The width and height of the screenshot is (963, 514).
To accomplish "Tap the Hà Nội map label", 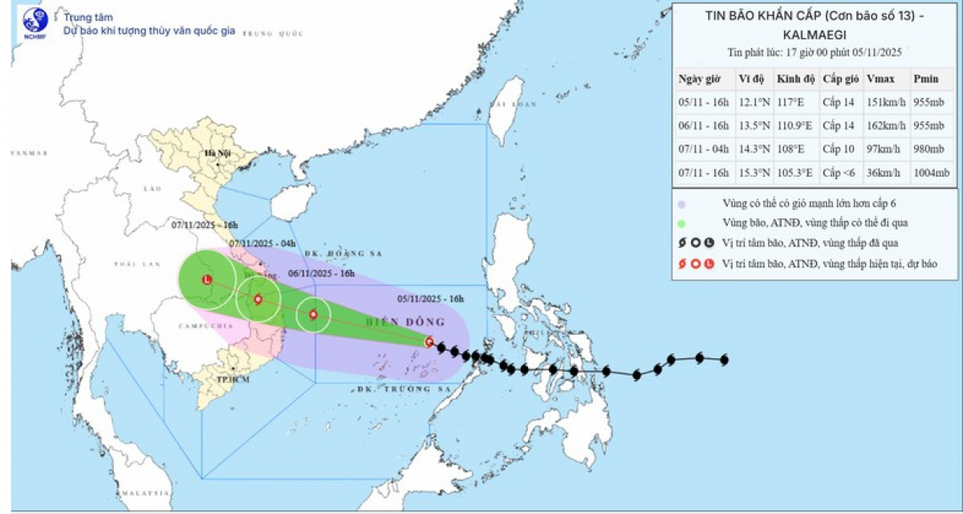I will (x=217, y=153).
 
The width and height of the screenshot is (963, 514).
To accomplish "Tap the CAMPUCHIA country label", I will (x=206, y=327).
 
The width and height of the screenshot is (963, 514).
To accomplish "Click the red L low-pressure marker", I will (x=207, y=279).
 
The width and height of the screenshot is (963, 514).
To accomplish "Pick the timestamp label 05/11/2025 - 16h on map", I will (x=431, y=299).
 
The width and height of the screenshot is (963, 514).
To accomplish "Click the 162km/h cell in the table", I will (x=886, y=126).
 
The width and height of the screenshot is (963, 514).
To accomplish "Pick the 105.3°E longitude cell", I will (x=794, y=173).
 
